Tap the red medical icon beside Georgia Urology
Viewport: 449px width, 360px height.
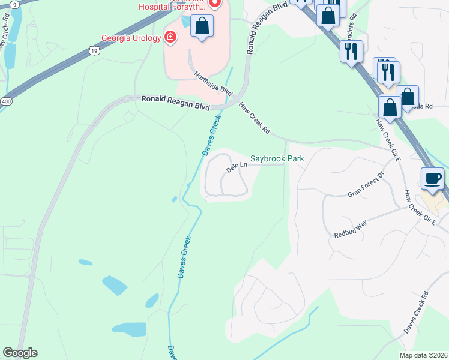pyautogui.click(x=171, y=38)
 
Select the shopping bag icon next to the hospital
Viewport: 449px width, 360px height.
pyautogui.click(x=202, y=26)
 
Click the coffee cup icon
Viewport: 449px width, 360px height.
pyautogui.click(x=433, y=178)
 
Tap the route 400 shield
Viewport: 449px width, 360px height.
pyautogui.click(x=6, y=103)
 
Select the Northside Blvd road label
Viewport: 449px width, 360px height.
pyautogui.click(x=212, y=83)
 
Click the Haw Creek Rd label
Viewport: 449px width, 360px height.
pyautogui.click(x=255, y=118)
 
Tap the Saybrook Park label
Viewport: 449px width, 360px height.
pyautogui.click(x=277, y=159)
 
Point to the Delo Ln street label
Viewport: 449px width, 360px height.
pyautogui.click(x=237, y=166)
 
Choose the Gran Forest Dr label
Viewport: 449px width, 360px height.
pyautogui.click(x=366, y=186)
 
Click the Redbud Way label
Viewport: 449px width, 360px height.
pyautogui.click(x=351, y=229)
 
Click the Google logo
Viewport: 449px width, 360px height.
pyautogui.click(x=20, y=353)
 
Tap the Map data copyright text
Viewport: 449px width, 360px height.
pyautogui.click(x=424, y=355)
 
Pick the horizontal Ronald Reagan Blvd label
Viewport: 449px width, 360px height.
pyautogui.click(x=175, y=102)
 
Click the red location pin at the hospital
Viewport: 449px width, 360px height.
pyautogui.click(x=216, y=3)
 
